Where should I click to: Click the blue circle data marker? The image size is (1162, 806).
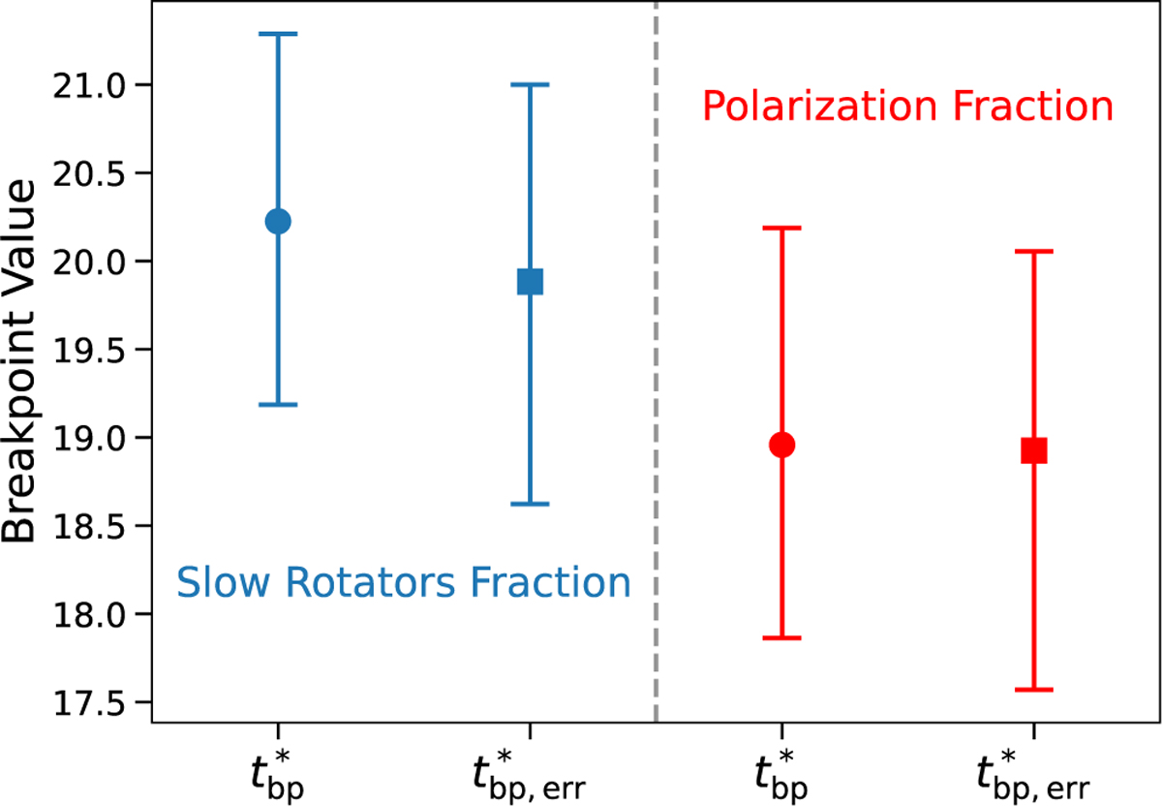pos(278,222)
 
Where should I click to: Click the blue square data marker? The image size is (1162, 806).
pos(530,282)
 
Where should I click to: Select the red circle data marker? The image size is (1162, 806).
pos(781,445)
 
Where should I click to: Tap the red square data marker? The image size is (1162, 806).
pos(1033,450)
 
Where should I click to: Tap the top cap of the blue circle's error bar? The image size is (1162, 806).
pos(278,34)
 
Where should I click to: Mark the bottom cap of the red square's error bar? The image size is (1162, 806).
pos(1033,690)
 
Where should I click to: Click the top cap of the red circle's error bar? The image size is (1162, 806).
pos(781,228)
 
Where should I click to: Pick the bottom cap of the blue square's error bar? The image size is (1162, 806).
pos(530,504)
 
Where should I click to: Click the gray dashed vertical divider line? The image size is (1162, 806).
pos(656,387)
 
